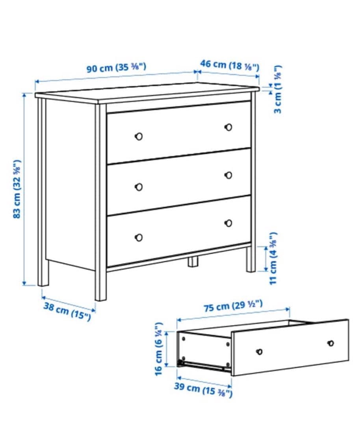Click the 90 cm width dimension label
click(117, 67)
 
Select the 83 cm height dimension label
click(17, 189)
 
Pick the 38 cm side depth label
click(67, 311)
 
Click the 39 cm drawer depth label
click(203, 390)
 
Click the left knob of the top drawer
click(139, 136)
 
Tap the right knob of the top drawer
click(228, 127)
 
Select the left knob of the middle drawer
click(139, 187)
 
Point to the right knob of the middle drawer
click(228, 175)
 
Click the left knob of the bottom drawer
click(139, 237)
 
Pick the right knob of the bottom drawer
click(228, 223)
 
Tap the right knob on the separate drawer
click(331, 343)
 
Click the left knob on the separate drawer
click(259, 351)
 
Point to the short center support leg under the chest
click(193, 262)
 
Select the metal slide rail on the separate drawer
click(205, 366)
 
